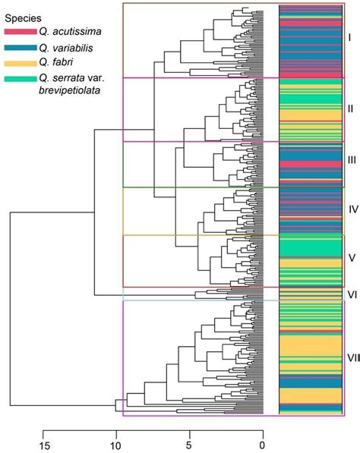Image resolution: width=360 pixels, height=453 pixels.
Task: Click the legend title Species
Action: [x=24, y=17]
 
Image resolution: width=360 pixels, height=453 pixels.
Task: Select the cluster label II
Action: [x=349, y=109]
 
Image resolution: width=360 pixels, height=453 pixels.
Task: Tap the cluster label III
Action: [x=351, y=160]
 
